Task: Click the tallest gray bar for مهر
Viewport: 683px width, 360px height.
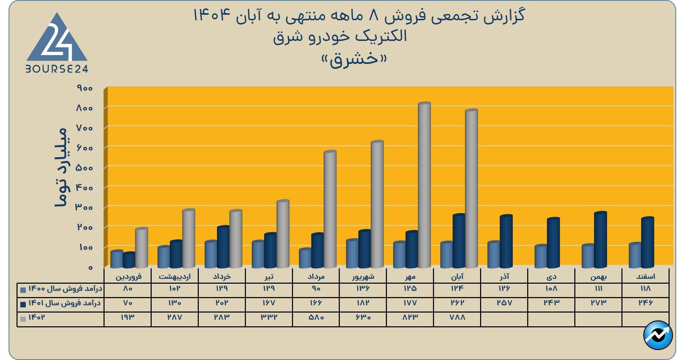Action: pyautogui.click(x=424, y=186)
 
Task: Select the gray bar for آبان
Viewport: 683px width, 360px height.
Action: pyautogui.click(x=471, y=189)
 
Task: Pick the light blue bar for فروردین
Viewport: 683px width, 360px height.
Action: pyautogui.click(x=117, y=259)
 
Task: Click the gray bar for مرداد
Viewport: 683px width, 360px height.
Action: pyautogui.click(x=330, y=210)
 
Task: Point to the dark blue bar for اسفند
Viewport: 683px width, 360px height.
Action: pyautogui.click(x=648, y=243)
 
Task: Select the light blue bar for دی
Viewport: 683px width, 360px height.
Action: pyautogui.click(x=541, y=257)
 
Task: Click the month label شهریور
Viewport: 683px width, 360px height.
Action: pyautogui.click(x=362, y=276)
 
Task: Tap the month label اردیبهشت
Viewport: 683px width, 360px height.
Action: pyautogui.click(x=175, y=276)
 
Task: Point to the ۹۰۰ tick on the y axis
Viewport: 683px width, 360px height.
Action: pyautogui.click(x=85, y=88)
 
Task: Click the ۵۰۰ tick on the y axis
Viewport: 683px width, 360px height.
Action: pyautogui.click(x=85, y=168)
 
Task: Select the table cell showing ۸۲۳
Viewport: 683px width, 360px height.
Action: pyautogui.click(x=410, y=317)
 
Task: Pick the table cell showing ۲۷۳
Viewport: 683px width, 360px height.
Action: pyautogui.click(x=598, y=303)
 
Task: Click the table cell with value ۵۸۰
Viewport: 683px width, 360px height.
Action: pyautogui.click(x=316, y=317)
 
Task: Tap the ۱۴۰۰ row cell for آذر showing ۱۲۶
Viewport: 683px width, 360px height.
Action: pyautogui.click(x=504, y=288)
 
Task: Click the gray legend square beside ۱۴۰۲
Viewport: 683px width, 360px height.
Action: pyautogui.click(x=23, y=319)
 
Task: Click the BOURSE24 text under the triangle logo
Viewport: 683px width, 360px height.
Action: pyautogui.click(x=57, y=69)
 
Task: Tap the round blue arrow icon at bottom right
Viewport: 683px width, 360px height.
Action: pyautogui.click(x=658, y=336)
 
